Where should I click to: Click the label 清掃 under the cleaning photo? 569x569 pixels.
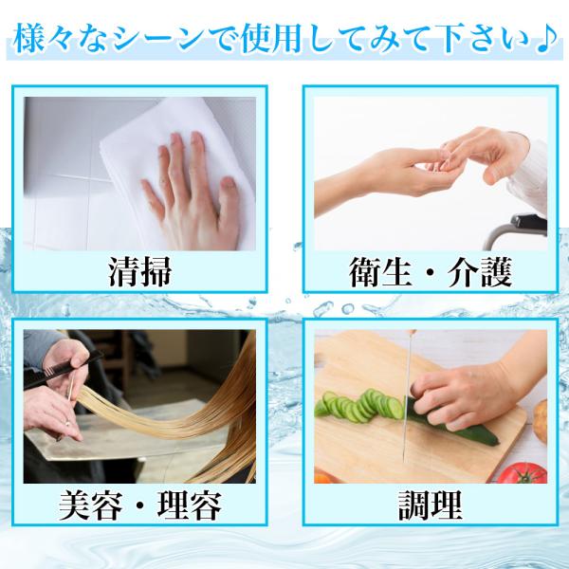(139, 272)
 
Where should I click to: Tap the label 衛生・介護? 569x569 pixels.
(431, 272)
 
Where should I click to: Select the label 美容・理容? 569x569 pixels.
(140, 505)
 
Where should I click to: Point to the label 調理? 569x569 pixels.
(431, 505)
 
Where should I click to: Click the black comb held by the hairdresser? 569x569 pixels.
(62, 370)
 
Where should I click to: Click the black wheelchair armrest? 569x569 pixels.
(528, 223)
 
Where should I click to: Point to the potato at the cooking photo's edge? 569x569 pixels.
(541, 421)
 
